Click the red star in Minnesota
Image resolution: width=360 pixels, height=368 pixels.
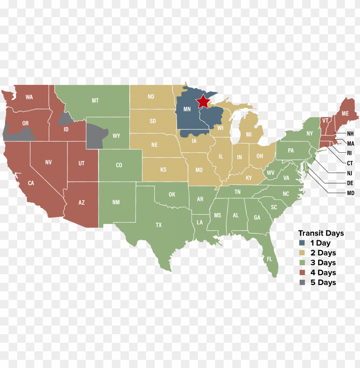pyautogui.click(x=203, y=102)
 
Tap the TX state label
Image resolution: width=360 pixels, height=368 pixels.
pyautogui.click(x=159, y=224)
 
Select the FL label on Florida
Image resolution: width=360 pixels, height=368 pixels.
pyautogui.click(x=270, y=260)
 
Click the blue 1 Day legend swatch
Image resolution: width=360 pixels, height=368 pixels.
pyautogui.click(x=303, y=243)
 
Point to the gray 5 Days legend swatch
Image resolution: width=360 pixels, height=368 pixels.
pyautogui.click(x=303, y=282)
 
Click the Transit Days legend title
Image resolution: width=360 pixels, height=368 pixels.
pyautogui.click(x=321, y=233)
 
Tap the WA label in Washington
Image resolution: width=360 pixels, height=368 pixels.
pyautogui.click(x=29, y=97)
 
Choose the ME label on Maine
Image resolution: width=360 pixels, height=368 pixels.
pyautogui.click(x=345, y=114)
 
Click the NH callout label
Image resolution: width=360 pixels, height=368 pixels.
pyautogui.click(x=351, y=134)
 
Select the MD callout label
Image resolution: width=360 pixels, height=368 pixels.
pyautogui.click(x=351, y=193)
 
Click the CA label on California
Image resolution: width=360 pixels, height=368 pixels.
pyautogui.click(x=31, y=183)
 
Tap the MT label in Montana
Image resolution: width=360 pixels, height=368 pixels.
pyautogui.click(x=95, y=101)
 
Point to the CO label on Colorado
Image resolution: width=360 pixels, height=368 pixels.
pyautogui.click(x=119, y=165)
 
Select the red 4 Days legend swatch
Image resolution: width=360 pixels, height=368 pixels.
pyautogui.click(x=303, y=272)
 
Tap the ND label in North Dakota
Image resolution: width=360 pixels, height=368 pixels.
pyautogui.click(x=151, y=97)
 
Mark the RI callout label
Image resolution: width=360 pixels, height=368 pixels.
pyautogui.click(x=349, y=153)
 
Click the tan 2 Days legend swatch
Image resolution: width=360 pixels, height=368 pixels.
pyautogui.click(x=303, y=253)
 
